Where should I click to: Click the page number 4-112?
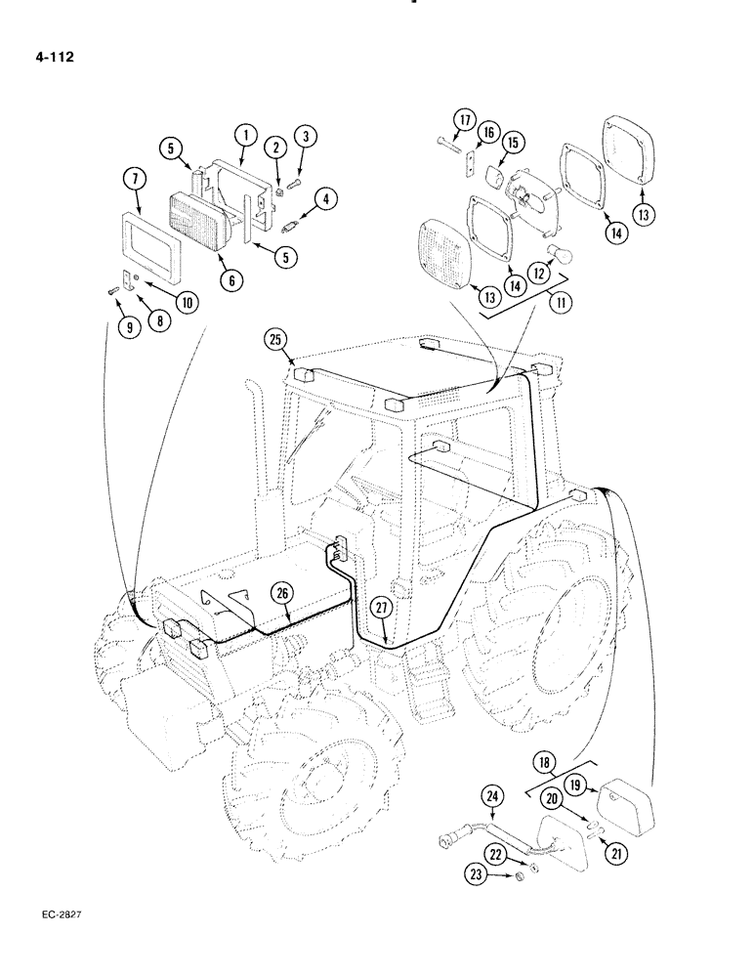point(54,56)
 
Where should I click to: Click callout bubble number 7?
point(135,178)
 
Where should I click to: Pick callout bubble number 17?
point(463,121)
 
